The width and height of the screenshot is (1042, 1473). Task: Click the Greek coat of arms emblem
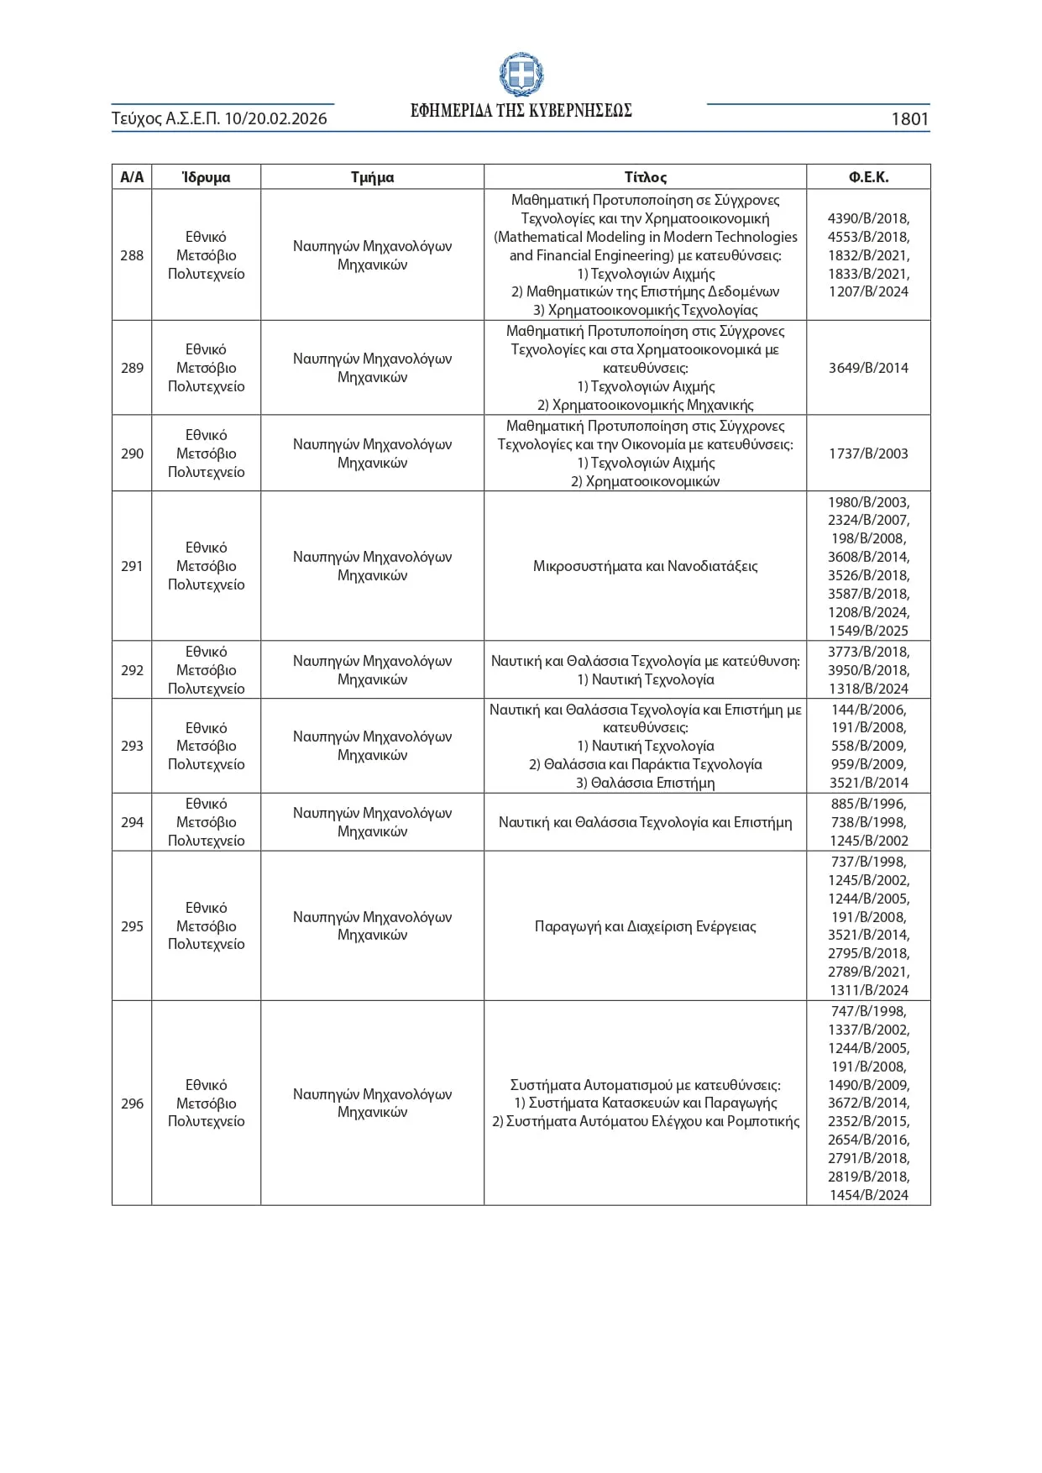point(521,76)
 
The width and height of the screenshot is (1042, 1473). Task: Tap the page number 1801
point(909,119)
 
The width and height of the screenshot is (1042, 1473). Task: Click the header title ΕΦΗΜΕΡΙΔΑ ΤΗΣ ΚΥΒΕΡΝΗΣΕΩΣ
point(521,111)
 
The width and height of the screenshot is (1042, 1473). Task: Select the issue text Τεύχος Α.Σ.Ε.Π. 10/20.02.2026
point(219,119)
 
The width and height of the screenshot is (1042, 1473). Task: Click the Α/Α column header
point(132,177)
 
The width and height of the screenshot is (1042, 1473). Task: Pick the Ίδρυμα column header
point(206,177)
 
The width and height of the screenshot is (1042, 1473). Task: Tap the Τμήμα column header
point(372,177)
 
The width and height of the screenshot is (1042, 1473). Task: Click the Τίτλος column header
point(645,177)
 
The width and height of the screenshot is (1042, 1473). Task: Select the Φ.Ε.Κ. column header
point(868,177)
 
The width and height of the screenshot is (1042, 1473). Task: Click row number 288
point(132,255)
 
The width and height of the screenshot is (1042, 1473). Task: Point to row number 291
point(132,566)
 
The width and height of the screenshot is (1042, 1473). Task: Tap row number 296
point(132,1103)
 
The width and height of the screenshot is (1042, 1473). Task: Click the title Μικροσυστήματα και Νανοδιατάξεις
point(645,566)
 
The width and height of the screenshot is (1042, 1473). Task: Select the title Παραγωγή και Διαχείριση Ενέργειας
point(645,926)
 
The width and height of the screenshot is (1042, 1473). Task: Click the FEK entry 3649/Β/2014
point(868,368)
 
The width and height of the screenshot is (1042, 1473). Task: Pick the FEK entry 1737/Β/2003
point(868,453)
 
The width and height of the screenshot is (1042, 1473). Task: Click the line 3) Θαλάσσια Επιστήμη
point(645,783)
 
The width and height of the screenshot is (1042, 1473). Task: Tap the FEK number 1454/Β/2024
point(868,1195)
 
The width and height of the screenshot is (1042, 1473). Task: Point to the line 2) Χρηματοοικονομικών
point(645,481)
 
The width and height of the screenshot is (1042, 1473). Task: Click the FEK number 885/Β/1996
point(868,804)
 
